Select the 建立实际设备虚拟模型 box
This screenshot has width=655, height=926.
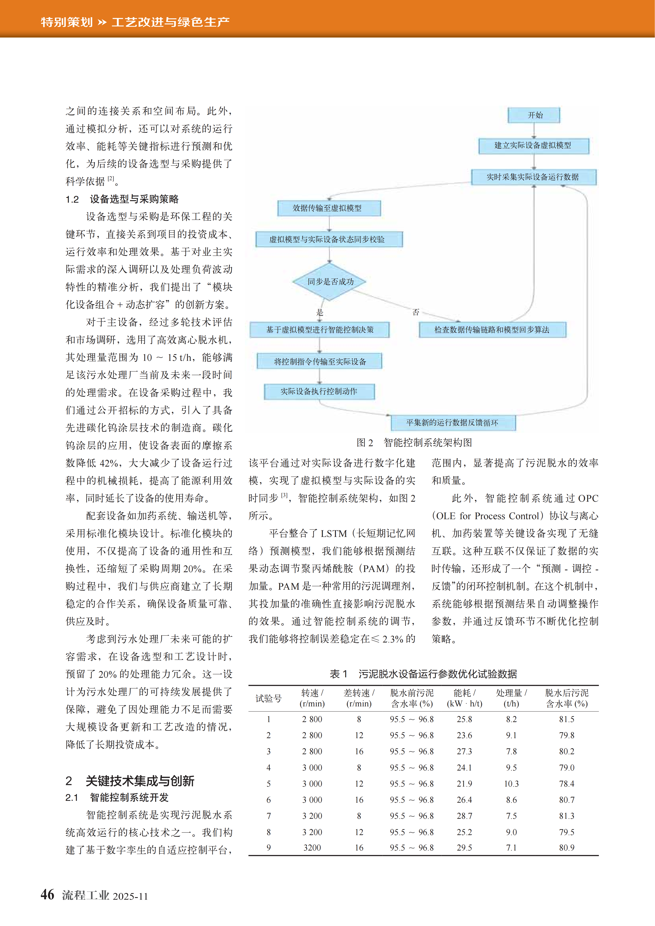tap(533, 146)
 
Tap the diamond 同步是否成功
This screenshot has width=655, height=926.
tap(330, 281)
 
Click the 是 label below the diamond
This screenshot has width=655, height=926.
tap(320, 312)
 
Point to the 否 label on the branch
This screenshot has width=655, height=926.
tap(416, 312)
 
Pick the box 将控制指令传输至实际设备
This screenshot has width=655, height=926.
tap(320, 361)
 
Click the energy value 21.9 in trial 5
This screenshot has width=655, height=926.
tap(464, 784)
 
